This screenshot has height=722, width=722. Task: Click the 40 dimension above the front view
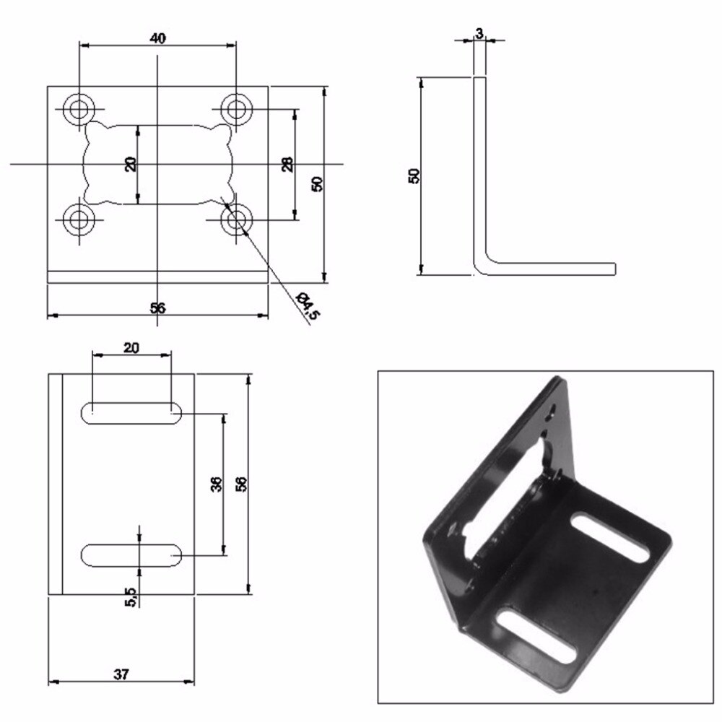point(157,38)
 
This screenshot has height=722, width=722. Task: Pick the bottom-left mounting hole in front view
point(78,219)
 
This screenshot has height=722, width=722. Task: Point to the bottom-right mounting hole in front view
point(235,219)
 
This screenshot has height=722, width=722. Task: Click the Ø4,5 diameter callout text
point(308,304)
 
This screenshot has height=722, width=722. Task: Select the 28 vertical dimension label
point(287,165)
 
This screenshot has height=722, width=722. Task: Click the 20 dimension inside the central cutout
point(131,164)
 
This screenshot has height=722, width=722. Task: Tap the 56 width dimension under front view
point(157,308)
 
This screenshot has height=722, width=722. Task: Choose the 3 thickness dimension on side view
point(479,33)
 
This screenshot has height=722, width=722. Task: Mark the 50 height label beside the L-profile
point(414,175)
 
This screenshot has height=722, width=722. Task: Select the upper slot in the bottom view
point(131,412)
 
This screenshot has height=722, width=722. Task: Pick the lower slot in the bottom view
point(131,554)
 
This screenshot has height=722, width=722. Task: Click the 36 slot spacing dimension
point(216,484)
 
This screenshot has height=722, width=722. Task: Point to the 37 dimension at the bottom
point(121,674)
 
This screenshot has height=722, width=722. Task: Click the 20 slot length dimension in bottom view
point(131,347)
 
